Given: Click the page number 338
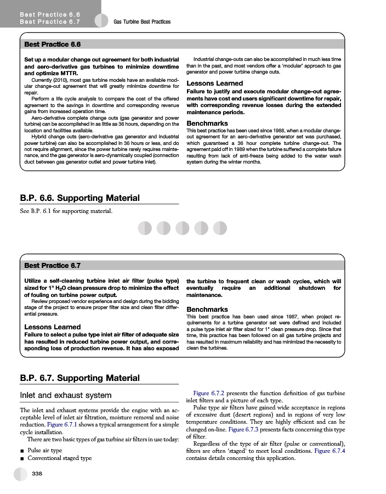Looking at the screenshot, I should pyautogui.click(x=38, y=473).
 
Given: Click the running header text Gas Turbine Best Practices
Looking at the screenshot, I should pyautogui.click(x=142, y=22).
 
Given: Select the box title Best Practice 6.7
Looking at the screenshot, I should pyautogui.click(x=53, y=266).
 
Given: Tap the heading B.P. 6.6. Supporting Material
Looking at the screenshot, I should pyautogui.click(x=80, y=198).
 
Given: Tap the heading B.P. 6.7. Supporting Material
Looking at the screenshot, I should pyautogui.click(x=80, y=378).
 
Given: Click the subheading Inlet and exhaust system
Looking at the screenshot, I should pyautogui.click(x=65, y=395).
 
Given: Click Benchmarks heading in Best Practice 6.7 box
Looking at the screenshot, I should pyautogui.click(x=207, y=309).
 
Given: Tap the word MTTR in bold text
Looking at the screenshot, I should pyautogui.click(x=70, y=73).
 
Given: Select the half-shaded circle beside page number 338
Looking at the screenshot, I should pyautogui.click(x=20, y=473).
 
